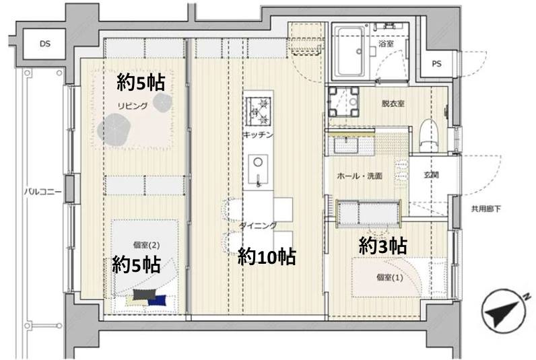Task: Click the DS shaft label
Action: click(44, 44)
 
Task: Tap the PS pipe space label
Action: click(436, 65)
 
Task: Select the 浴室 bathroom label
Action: click(385, 44)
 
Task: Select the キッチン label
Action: click(258, 136)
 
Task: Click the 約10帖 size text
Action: click(267, 256)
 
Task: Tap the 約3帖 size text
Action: click(382, 246)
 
